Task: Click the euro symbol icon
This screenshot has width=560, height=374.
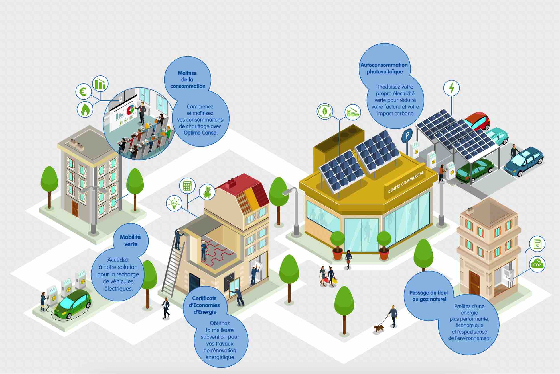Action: (83, 92)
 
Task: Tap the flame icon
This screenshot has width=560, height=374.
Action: (85, 109)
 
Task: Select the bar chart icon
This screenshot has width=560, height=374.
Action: (100, 83)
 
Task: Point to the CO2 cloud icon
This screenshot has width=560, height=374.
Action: (537, 264)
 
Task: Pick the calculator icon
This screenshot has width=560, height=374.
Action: (187, 186)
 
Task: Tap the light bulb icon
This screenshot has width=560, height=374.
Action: (174, 203)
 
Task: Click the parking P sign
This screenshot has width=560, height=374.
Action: (407, 136)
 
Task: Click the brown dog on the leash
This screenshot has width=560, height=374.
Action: (379, 329)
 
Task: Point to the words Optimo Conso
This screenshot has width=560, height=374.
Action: (200, 133)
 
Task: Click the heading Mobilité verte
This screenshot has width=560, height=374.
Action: (130, 241)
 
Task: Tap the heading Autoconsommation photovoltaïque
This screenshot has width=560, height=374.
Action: (384, 68)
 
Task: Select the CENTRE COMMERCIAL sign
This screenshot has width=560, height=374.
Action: (406, 182)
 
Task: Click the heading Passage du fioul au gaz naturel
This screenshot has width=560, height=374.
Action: (429, 296)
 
